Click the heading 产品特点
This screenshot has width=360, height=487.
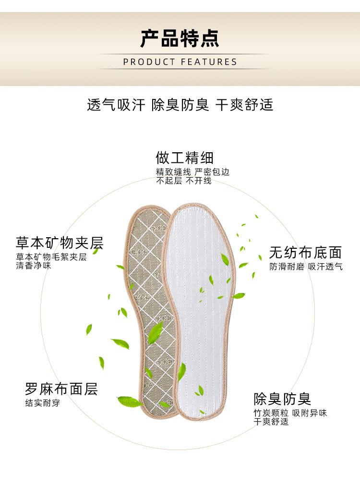coord(180,38)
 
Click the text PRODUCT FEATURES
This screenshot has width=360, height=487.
coord(180,62)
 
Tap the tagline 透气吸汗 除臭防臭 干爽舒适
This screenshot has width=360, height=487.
coord(180,105)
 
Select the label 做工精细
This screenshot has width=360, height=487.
coord(185,158)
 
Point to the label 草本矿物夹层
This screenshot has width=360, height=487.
coord(60,243)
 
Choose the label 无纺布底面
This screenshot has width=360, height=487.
coord(305,253)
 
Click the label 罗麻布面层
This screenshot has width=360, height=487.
coord(61,389)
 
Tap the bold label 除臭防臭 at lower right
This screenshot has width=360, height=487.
coord(282,399)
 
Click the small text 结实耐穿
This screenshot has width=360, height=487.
coord(43,403)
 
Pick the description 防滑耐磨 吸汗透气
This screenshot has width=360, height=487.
coord(306,267)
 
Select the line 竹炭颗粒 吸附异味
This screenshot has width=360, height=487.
coord(290,413)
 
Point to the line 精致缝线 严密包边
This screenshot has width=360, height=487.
coord(192,172)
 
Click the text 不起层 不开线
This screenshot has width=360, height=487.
coord(183,181)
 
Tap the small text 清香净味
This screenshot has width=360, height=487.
coord(34,266)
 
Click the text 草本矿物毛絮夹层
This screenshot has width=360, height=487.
coord(51,257)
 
